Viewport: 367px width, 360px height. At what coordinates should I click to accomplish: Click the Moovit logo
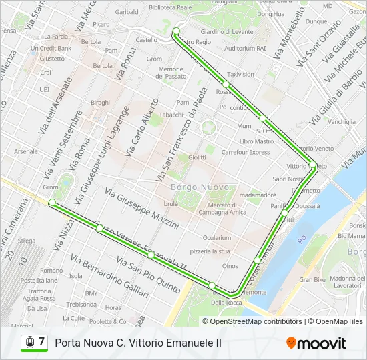point(316,343)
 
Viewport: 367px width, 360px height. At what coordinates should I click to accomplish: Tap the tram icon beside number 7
point(29,342)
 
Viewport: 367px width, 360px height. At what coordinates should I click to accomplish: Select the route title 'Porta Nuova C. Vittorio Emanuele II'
point(138,343)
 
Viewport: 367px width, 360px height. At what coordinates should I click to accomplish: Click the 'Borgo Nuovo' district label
point(200,187)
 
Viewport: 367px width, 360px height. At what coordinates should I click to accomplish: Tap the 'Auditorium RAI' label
point(245,49)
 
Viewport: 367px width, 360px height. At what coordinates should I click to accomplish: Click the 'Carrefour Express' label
point(245,152)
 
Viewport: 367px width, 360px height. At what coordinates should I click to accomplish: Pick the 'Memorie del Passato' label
point(171,73)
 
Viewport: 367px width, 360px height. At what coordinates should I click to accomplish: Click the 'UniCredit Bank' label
point(51,48)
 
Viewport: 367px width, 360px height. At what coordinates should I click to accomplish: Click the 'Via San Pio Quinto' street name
point(148,275)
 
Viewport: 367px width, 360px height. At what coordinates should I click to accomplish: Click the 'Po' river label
point(302,238)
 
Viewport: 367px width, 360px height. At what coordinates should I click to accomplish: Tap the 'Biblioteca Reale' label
point(170,7)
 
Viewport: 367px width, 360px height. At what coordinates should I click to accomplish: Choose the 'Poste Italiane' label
point(39,281)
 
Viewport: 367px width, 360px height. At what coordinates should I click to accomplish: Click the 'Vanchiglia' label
point(342,122)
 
